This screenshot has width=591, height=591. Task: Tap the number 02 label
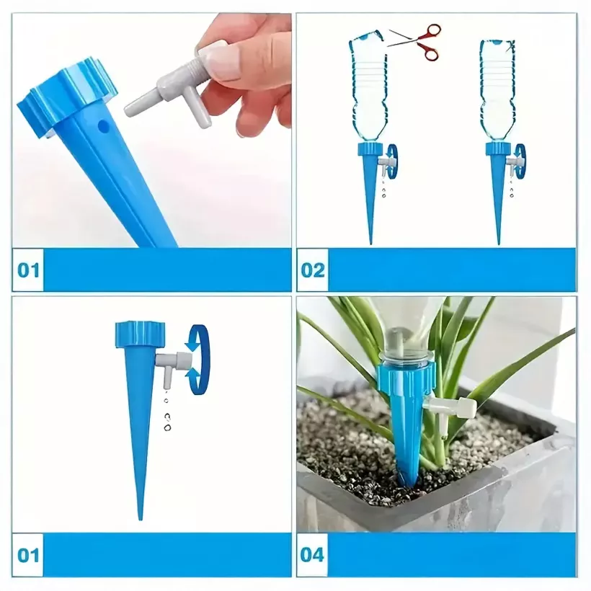point(313,270)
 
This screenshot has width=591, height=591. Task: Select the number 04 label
point(312,555)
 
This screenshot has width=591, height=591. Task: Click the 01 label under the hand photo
point(28,270)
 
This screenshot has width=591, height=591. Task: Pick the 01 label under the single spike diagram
point(28,555)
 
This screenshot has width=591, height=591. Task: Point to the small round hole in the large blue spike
point(102,126)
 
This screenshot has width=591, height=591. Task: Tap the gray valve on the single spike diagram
point(174,366)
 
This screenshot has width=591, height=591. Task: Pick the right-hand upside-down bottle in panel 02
point(497,91)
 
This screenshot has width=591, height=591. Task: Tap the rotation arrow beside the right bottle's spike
point(521,160)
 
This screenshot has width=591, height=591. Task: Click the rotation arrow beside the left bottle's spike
point(392,160)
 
